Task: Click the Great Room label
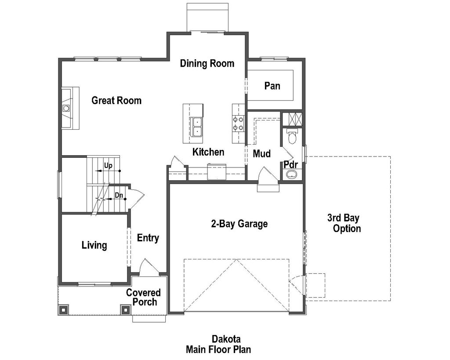pos(116,101)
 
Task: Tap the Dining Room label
pos(207,63)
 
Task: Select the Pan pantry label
pos(272,86)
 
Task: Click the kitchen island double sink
pos(196,126)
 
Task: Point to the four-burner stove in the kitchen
pos(239,124)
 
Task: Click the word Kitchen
pos(208,152)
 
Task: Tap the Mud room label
pos(261,154)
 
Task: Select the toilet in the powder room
pos(292,137)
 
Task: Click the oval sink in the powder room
pos(291,175)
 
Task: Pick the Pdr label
pos(291,164)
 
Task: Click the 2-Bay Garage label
pos(239,224)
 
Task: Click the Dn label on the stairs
pos(119,195)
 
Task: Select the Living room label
pos(94,245)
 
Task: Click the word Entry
pos(148,238)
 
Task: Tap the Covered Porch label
pos(144,297)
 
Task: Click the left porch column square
pos(63,309)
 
